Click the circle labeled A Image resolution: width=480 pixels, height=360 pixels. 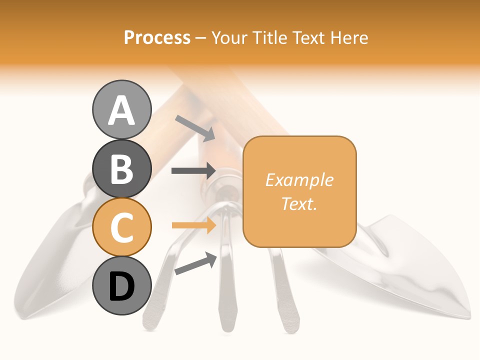(122, 110)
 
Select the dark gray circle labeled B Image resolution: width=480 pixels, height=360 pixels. (122, 169)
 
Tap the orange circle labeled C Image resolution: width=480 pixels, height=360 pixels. (122, 227)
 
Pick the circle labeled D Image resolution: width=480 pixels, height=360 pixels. (122, 286)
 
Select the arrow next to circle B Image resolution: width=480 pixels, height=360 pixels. (193, 171)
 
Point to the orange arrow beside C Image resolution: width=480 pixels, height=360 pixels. (193, 225)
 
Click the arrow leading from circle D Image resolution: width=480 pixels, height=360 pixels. (195, 263)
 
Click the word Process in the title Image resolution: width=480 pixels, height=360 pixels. (157, 37)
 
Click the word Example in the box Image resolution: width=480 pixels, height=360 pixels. (299, 180)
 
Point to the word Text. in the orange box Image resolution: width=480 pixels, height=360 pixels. (299, 203)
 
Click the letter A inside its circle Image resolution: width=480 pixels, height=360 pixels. (122, 110)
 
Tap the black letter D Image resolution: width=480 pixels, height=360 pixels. (122, 286)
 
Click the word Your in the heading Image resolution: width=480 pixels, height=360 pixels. (229, 37)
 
